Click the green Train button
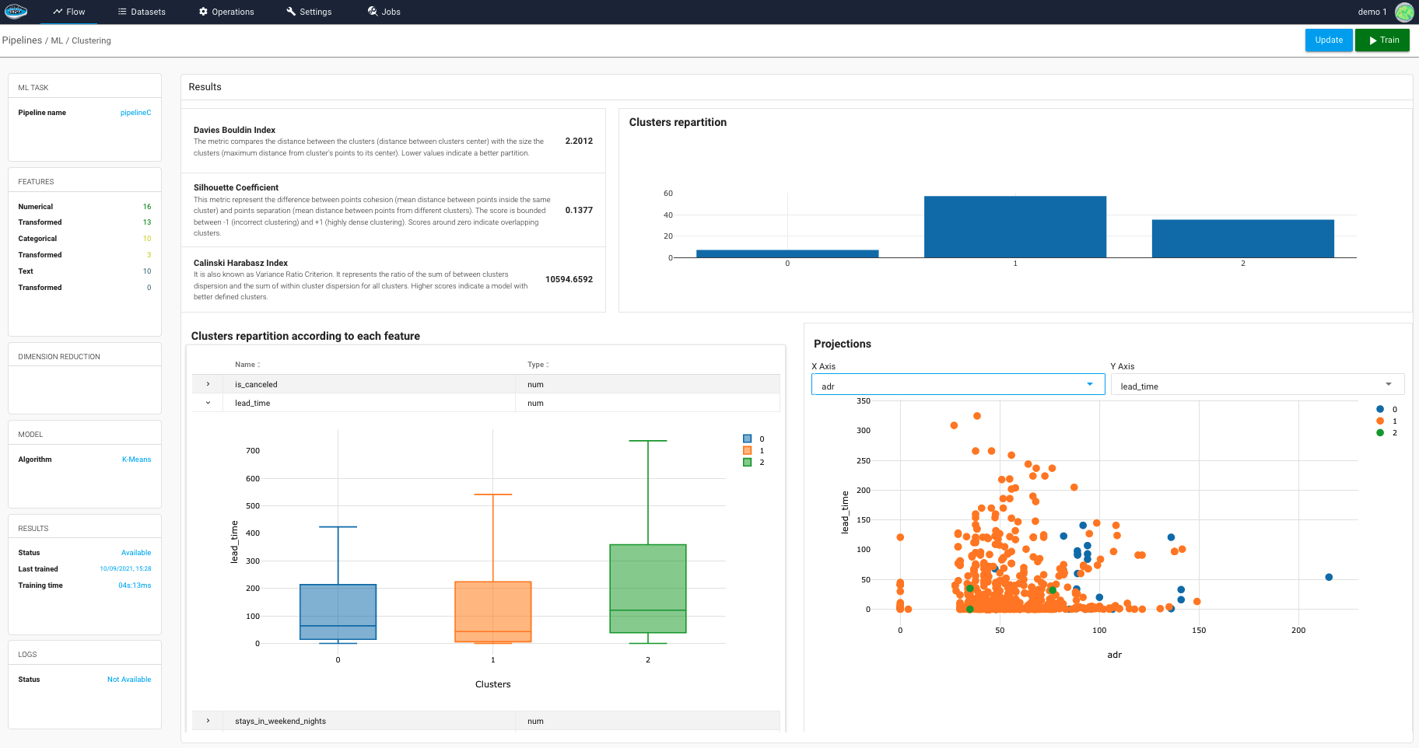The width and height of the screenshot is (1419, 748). pyautogui.click(x=1382, y=40)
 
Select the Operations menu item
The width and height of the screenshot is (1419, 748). pyautogui.click(x=226, y=12)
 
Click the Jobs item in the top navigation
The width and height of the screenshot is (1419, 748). pyautogui.click(x=384, y=12)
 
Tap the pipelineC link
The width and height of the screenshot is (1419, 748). pyautogui.click(x=135, y=113)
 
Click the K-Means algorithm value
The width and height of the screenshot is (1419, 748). pyautogui.click(x=136, y=460)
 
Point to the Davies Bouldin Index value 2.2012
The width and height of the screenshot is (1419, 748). pyautogui.click(x=579, y=142)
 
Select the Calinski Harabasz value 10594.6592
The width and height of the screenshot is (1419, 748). pyautogui.click(x=569, y=279)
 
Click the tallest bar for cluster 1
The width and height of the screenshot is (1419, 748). pyautogui.click(x=1014, y=227)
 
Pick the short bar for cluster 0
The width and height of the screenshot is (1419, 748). pyautogui.click(x=787, y=253)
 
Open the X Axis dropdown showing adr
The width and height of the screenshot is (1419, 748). pyautogui.click(x=958, y=385)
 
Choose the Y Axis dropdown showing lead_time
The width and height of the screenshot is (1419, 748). pyautogui.click(x=1256, y=385)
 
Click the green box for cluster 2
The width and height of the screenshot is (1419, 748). pyautogui.click(x=648, y=589)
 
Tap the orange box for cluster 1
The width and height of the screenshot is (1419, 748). pyautogui.click(x=493, y=611)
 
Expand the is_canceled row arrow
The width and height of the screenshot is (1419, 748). pyautogui.click(x=208, y=384)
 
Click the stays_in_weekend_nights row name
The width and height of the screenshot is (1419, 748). pyautogui.click(x=280, y=722)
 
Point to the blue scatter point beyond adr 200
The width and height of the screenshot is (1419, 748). pyautogui.click(x=1329, y=577)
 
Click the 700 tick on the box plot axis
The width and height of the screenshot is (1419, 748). pyautogui.click(x=253, y=451)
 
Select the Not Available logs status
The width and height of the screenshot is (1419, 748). pyautogui.click(x=129, y=680)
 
